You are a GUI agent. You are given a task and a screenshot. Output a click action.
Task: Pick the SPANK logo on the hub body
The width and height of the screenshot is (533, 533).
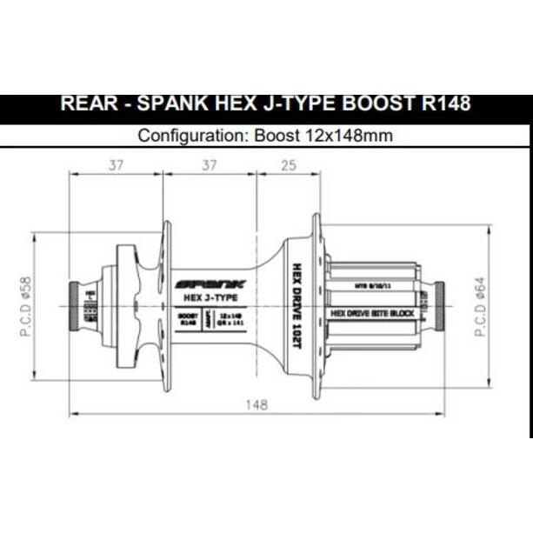tap(211, 283)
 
